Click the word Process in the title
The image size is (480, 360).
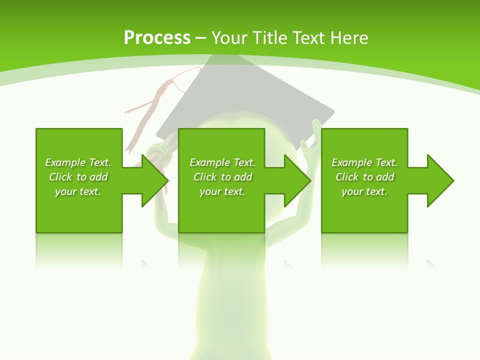pyautogui.click(x=157, y=37)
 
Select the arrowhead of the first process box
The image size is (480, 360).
pyautogui.click(x=154, y=180)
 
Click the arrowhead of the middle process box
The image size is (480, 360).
pyautogui.click(x=297, y=180)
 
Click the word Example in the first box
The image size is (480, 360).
pyautogui.click(x=65, y=162)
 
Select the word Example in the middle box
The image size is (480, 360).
pyautogui.click(x=209, y=162)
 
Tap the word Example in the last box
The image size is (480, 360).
pyautogui.click(x=351, y=162)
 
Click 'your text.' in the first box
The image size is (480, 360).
pyautogui.click(x=78, y=191)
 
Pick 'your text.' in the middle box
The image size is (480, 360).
pyautogui.click(x=222, y=191)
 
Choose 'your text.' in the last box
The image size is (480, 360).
pyautogui.click(x=364, y=191)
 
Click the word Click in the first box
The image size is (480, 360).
pyautogui.click(x=60, y=177)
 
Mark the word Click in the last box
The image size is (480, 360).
pyautogui.click(x=347, y=177)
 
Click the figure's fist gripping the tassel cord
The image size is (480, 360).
pyautogui.click(x=160, y=150)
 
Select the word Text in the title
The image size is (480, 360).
pyautogui.click(x=305, y=37)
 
